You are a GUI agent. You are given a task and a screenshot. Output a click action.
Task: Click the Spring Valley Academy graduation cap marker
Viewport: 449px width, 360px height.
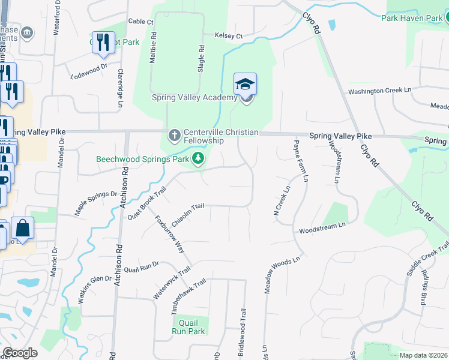[245, 84]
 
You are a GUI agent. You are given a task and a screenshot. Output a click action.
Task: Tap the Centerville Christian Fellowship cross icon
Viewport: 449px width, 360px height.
[175, 134]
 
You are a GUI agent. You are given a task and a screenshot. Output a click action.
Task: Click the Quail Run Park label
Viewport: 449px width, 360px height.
[188, 327]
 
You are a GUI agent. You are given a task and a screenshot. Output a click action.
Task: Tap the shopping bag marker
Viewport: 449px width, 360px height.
[22, 229]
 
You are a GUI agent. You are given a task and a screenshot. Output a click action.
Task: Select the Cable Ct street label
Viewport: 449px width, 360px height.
[141, 22]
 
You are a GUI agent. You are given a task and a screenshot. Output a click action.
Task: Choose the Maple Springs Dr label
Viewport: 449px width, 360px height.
[95, 203]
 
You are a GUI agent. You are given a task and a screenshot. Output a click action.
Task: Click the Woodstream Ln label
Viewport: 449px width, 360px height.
[323, 227]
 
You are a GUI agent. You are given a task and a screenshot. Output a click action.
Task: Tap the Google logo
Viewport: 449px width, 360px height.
[20, 353]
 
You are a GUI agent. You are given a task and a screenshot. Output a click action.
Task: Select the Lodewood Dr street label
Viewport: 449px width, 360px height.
[88, 73]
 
